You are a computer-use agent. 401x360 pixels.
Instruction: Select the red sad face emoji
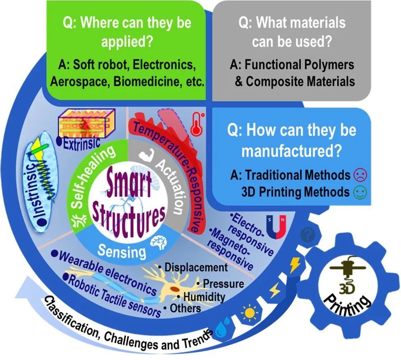point(360,175)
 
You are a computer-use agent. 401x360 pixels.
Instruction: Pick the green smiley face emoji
point(360,192)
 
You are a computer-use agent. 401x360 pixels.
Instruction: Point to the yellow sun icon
point(249,313)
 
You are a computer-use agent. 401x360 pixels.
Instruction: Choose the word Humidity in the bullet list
point(204,297)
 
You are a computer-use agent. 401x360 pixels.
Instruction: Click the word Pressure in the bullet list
point(223,284)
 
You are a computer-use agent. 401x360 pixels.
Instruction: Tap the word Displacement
point(196,267)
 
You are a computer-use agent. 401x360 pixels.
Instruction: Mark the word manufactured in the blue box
point(292,151)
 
